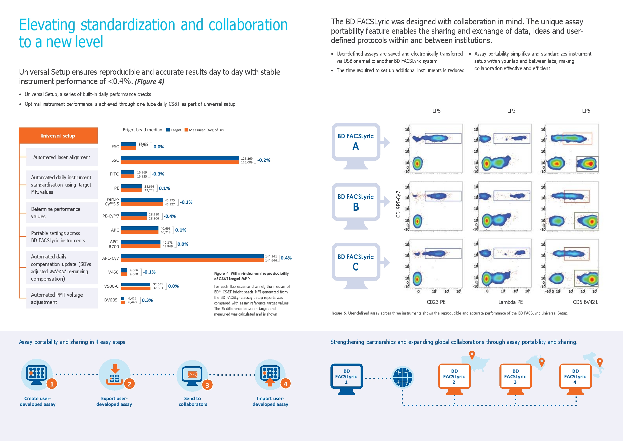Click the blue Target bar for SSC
click(180, 158)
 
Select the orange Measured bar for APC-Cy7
click(192, 260)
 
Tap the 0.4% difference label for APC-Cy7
click(286, 258)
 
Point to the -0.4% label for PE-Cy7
click(169, 216)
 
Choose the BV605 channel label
click(111, 300)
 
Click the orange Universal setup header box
click(58, 136)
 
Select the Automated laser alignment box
click(62, 157)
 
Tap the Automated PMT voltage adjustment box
click(62, 298)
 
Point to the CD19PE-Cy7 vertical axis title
click(398, 204)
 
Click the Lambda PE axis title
click(511, 302)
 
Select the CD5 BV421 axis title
click(585, 302)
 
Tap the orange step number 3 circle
click(207, 385)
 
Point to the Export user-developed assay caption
click(114, 401)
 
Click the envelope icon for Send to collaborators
click(192, 374)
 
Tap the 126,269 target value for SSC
click(247, 158)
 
